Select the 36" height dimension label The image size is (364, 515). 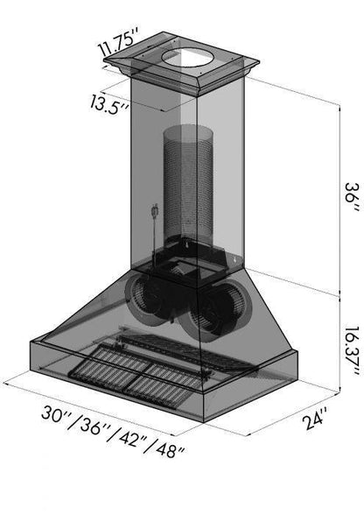click(x=352, y=197)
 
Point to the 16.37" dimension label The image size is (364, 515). click(x=352, y=352)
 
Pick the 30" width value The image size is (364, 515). click(x=54, y=415)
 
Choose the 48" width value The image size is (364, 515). click(x=169, y=449)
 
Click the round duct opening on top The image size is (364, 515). click(x=187, y=59)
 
